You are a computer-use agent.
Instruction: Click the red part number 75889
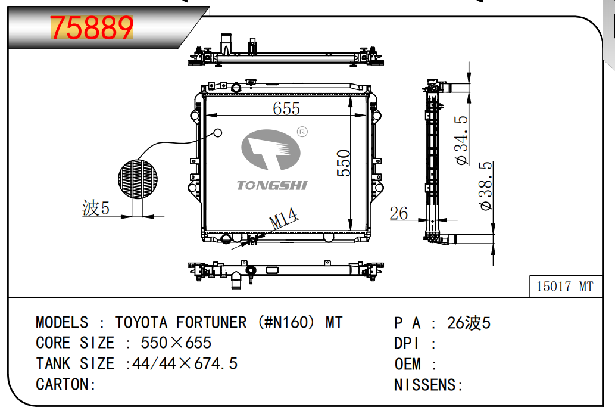click(92, 27)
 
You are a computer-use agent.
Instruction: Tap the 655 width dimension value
click(286, 108)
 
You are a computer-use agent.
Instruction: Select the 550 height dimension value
click(344, 163)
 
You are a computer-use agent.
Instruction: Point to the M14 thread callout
click(283, 218)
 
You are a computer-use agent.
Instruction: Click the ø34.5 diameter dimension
click(461, 140)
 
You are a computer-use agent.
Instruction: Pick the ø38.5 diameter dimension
click(486, 186)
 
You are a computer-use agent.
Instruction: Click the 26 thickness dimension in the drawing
click(398, 213)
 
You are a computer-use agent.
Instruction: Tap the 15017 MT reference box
click(566, 286)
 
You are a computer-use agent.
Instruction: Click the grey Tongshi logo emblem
click(271, 150)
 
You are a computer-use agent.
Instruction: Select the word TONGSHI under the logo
click(272, 185)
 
